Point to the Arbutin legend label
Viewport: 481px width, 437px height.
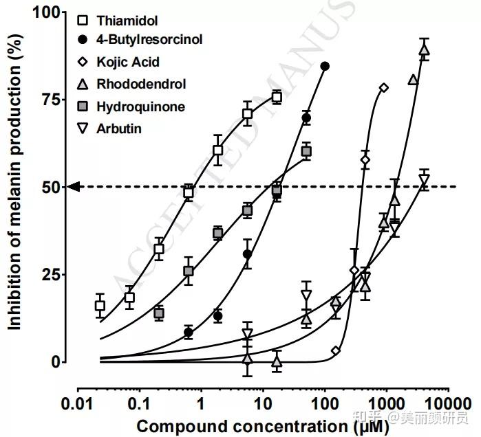pos(119,128)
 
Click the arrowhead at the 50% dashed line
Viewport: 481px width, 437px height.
pos(74,186)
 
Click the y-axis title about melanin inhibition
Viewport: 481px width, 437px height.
pos(13,187)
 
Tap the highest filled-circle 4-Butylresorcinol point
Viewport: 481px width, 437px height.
pos(325,66)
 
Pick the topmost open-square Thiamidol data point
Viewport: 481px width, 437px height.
pos(277,97)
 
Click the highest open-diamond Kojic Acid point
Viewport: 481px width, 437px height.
pos(383,87)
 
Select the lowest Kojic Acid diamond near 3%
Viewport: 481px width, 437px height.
pos(336,351)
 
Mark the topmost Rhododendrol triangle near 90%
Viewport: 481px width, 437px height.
pos(424,49)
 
